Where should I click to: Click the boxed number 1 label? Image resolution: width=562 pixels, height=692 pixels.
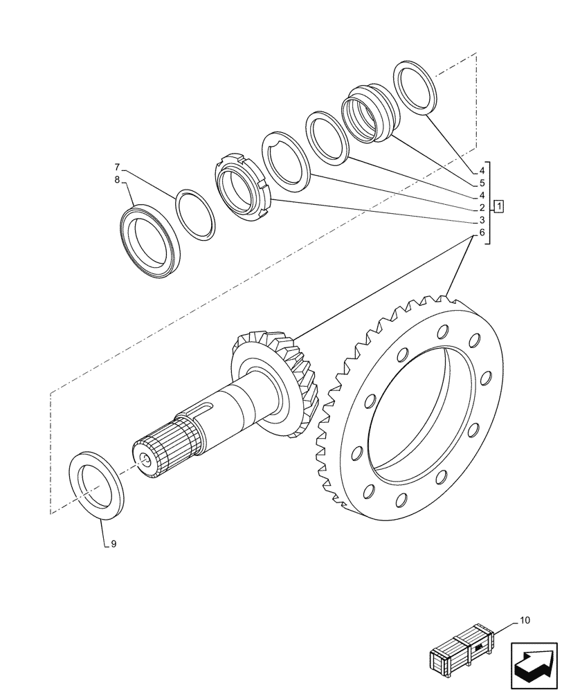pos(500,207)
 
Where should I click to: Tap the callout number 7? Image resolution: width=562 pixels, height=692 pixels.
pos(118,167)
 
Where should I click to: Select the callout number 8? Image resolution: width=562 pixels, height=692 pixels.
pos(118,180)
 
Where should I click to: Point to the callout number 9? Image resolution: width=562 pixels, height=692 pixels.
pos(113,544)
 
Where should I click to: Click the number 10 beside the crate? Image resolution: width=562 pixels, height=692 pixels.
pos(524,621)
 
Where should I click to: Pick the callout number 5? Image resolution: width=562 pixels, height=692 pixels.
pos(481,183)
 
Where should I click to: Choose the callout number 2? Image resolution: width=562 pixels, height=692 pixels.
pos(481,208)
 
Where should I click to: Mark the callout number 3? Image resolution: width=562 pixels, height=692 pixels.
pos(481,220)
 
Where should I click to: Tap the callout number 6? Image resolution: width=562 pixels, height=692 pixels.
pos(481,233)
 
